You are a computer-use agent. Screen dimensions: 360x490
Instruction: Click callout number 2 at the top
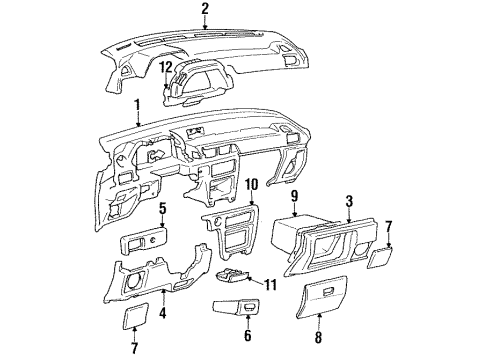pyautogui.click(x=204, y=10)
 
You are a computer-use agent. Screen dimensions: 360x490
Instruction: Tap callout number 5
pyautogui.click(x=161, y=210)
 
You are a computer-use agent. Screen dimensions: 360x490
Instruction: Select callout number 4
pyautogui.click(x=164, y=297)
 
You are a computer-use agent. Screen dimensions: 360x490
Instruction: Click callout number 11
pyautogui.click(x=272, y=284)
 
